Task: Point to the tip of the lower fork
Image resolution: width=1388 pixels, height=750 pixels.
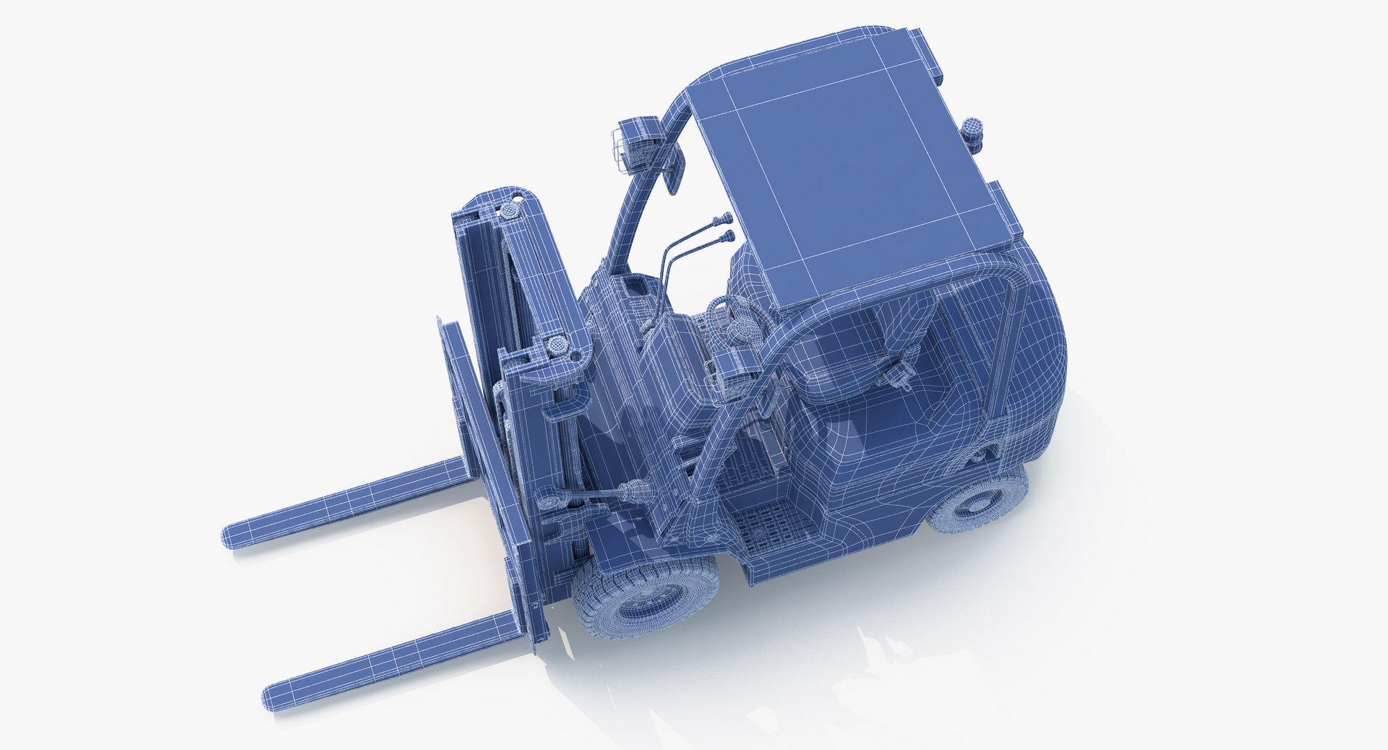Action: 275,689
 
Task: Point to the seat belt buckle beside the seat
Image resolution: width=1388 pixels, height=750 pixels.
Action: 899,376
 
